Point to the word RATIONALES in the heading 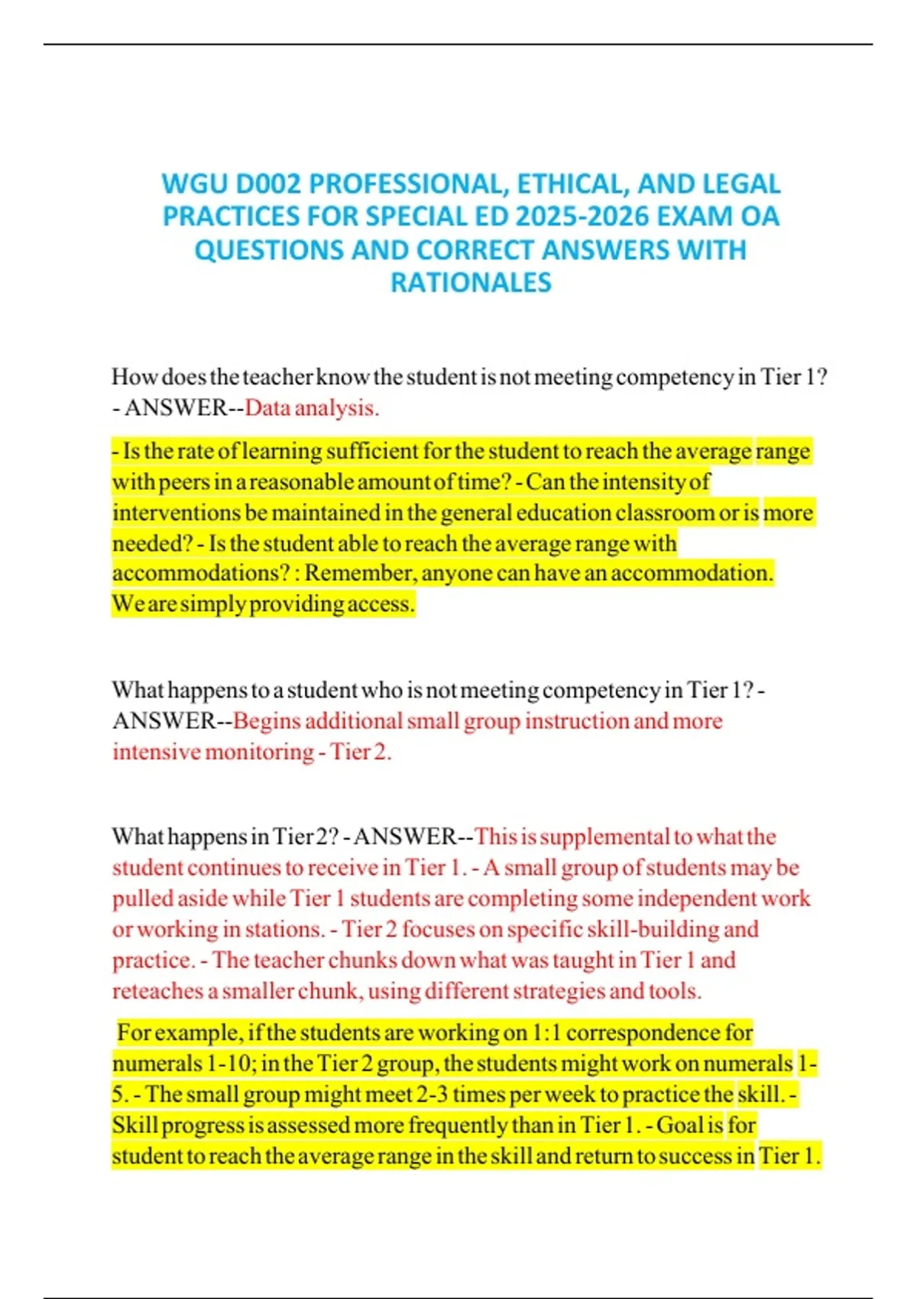(x=471, y=283)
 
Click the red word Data (x=267, y=408)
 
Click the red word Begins (x=266, y=721)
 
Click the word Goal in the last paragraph (x=679, y=1126)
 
